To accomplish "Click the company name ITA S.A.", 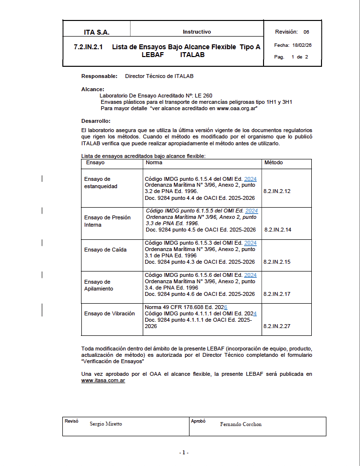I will point(96,33).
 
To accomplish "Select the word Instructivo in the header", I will point(197,32).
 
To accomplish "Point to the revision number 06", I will point(306,32).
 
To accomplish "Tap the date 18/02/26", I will point(302,45).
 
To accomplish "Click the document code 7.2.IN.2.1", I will point(85,47).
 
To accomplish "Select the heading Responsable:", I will point(99,76).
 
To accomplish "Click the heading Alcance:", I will point(93,89).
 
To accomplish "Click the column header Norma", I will point(154,162).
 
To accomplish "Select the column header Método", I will point(273,162).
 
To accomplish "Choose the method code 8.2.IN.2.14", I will point(278,230).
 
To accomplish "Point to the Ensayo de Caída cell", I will point(105,250).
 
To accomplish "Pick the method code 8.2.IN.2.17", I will point(277,294).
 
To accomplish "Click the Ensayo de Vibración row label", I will point(109,313).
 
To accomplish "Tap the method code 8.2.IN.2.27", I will point(277,326).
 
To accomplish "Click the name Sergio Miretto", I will point(106,424).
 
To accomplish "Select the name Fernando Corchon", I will point(241,424).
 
